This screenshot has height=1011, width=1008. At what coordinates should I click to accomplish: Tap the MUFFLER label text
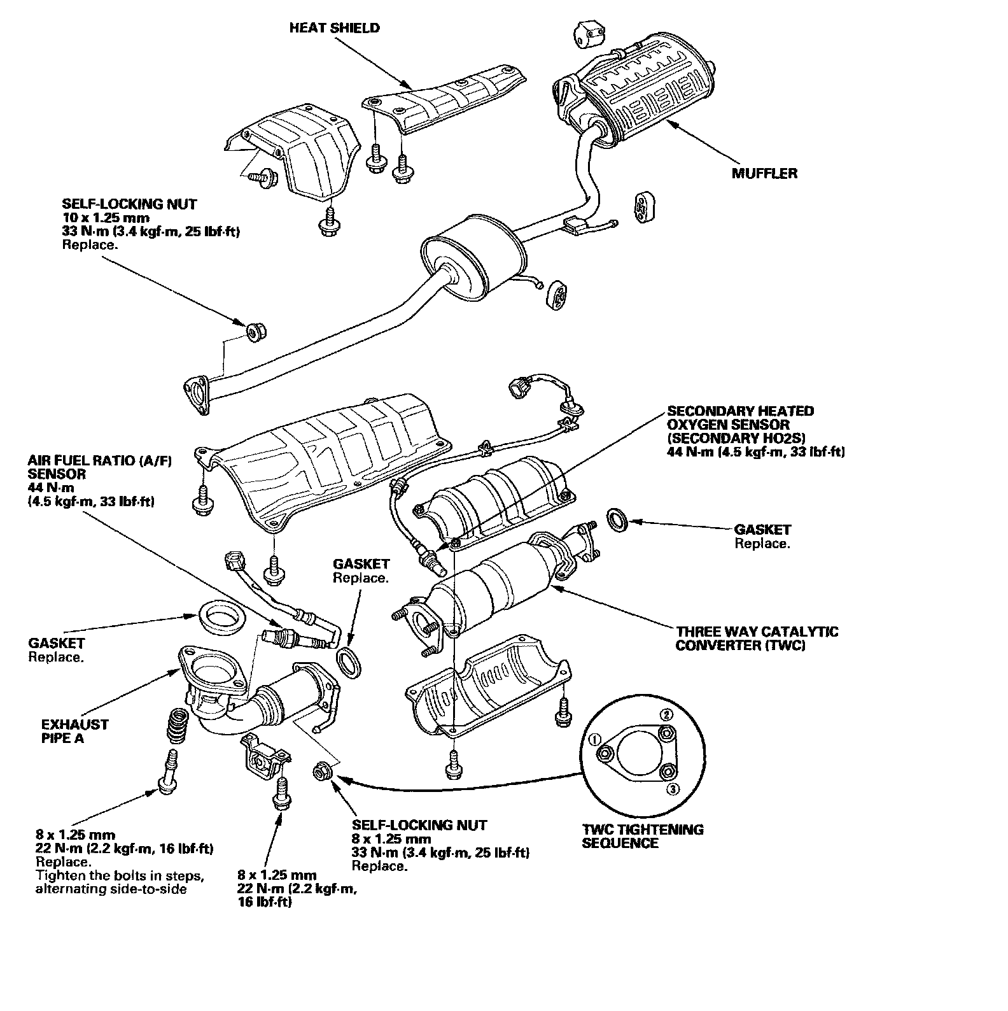764,173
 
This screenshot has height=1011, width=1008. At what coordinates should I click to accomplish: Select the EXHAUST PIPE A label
74,732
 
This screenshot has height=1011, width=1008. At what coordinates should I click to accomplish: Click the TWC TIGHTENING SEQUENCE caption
643,837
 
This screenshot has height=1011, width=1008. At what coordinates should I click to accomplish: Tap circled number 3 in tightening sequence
673,789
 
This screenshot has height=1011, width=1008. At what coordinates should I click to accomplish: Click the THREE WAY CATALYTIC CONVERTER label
757,639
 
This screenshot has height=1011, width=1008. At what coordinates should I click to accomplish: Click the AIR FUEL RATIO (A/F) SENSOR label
100,467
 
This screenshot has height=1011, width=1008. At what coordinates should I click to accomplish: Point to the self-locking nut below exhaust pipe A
321,771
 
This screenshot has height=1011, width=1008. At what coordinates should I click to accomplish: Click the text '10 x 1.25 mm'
106,218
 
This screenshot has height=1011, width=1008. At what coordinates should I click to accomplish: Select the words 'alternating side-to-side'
111,889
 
